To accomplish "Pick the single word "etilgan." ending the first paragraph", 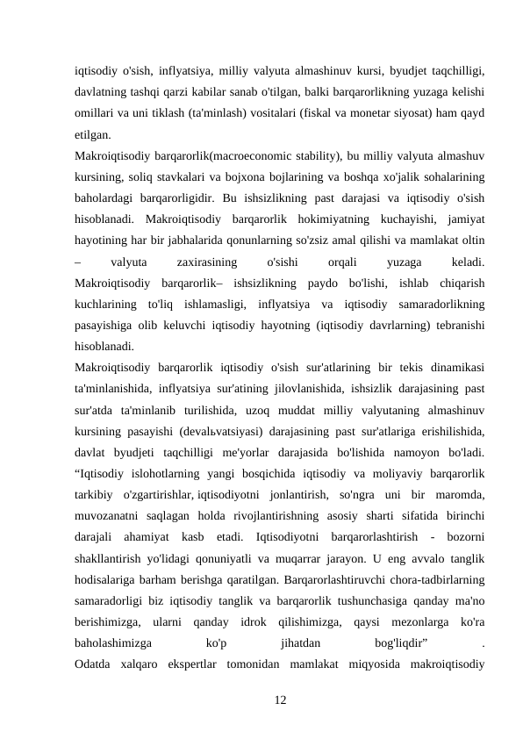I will point(93,134).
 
